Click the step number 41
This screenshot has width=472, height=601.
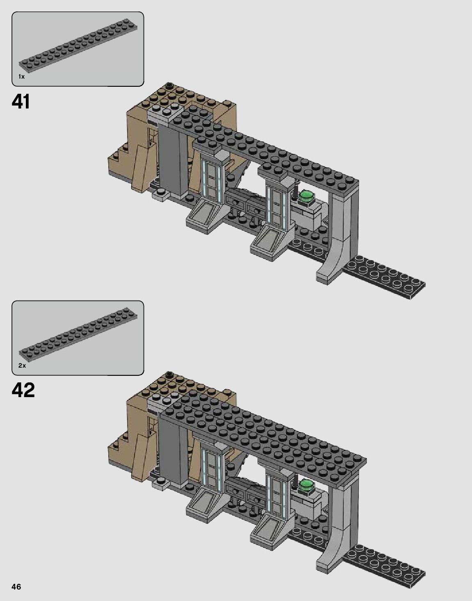21,102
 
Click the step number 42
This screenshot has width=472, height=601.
23,390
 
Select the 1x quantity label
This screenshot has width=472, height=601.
21,77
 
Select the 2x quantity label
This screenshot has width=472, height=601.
22,365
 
